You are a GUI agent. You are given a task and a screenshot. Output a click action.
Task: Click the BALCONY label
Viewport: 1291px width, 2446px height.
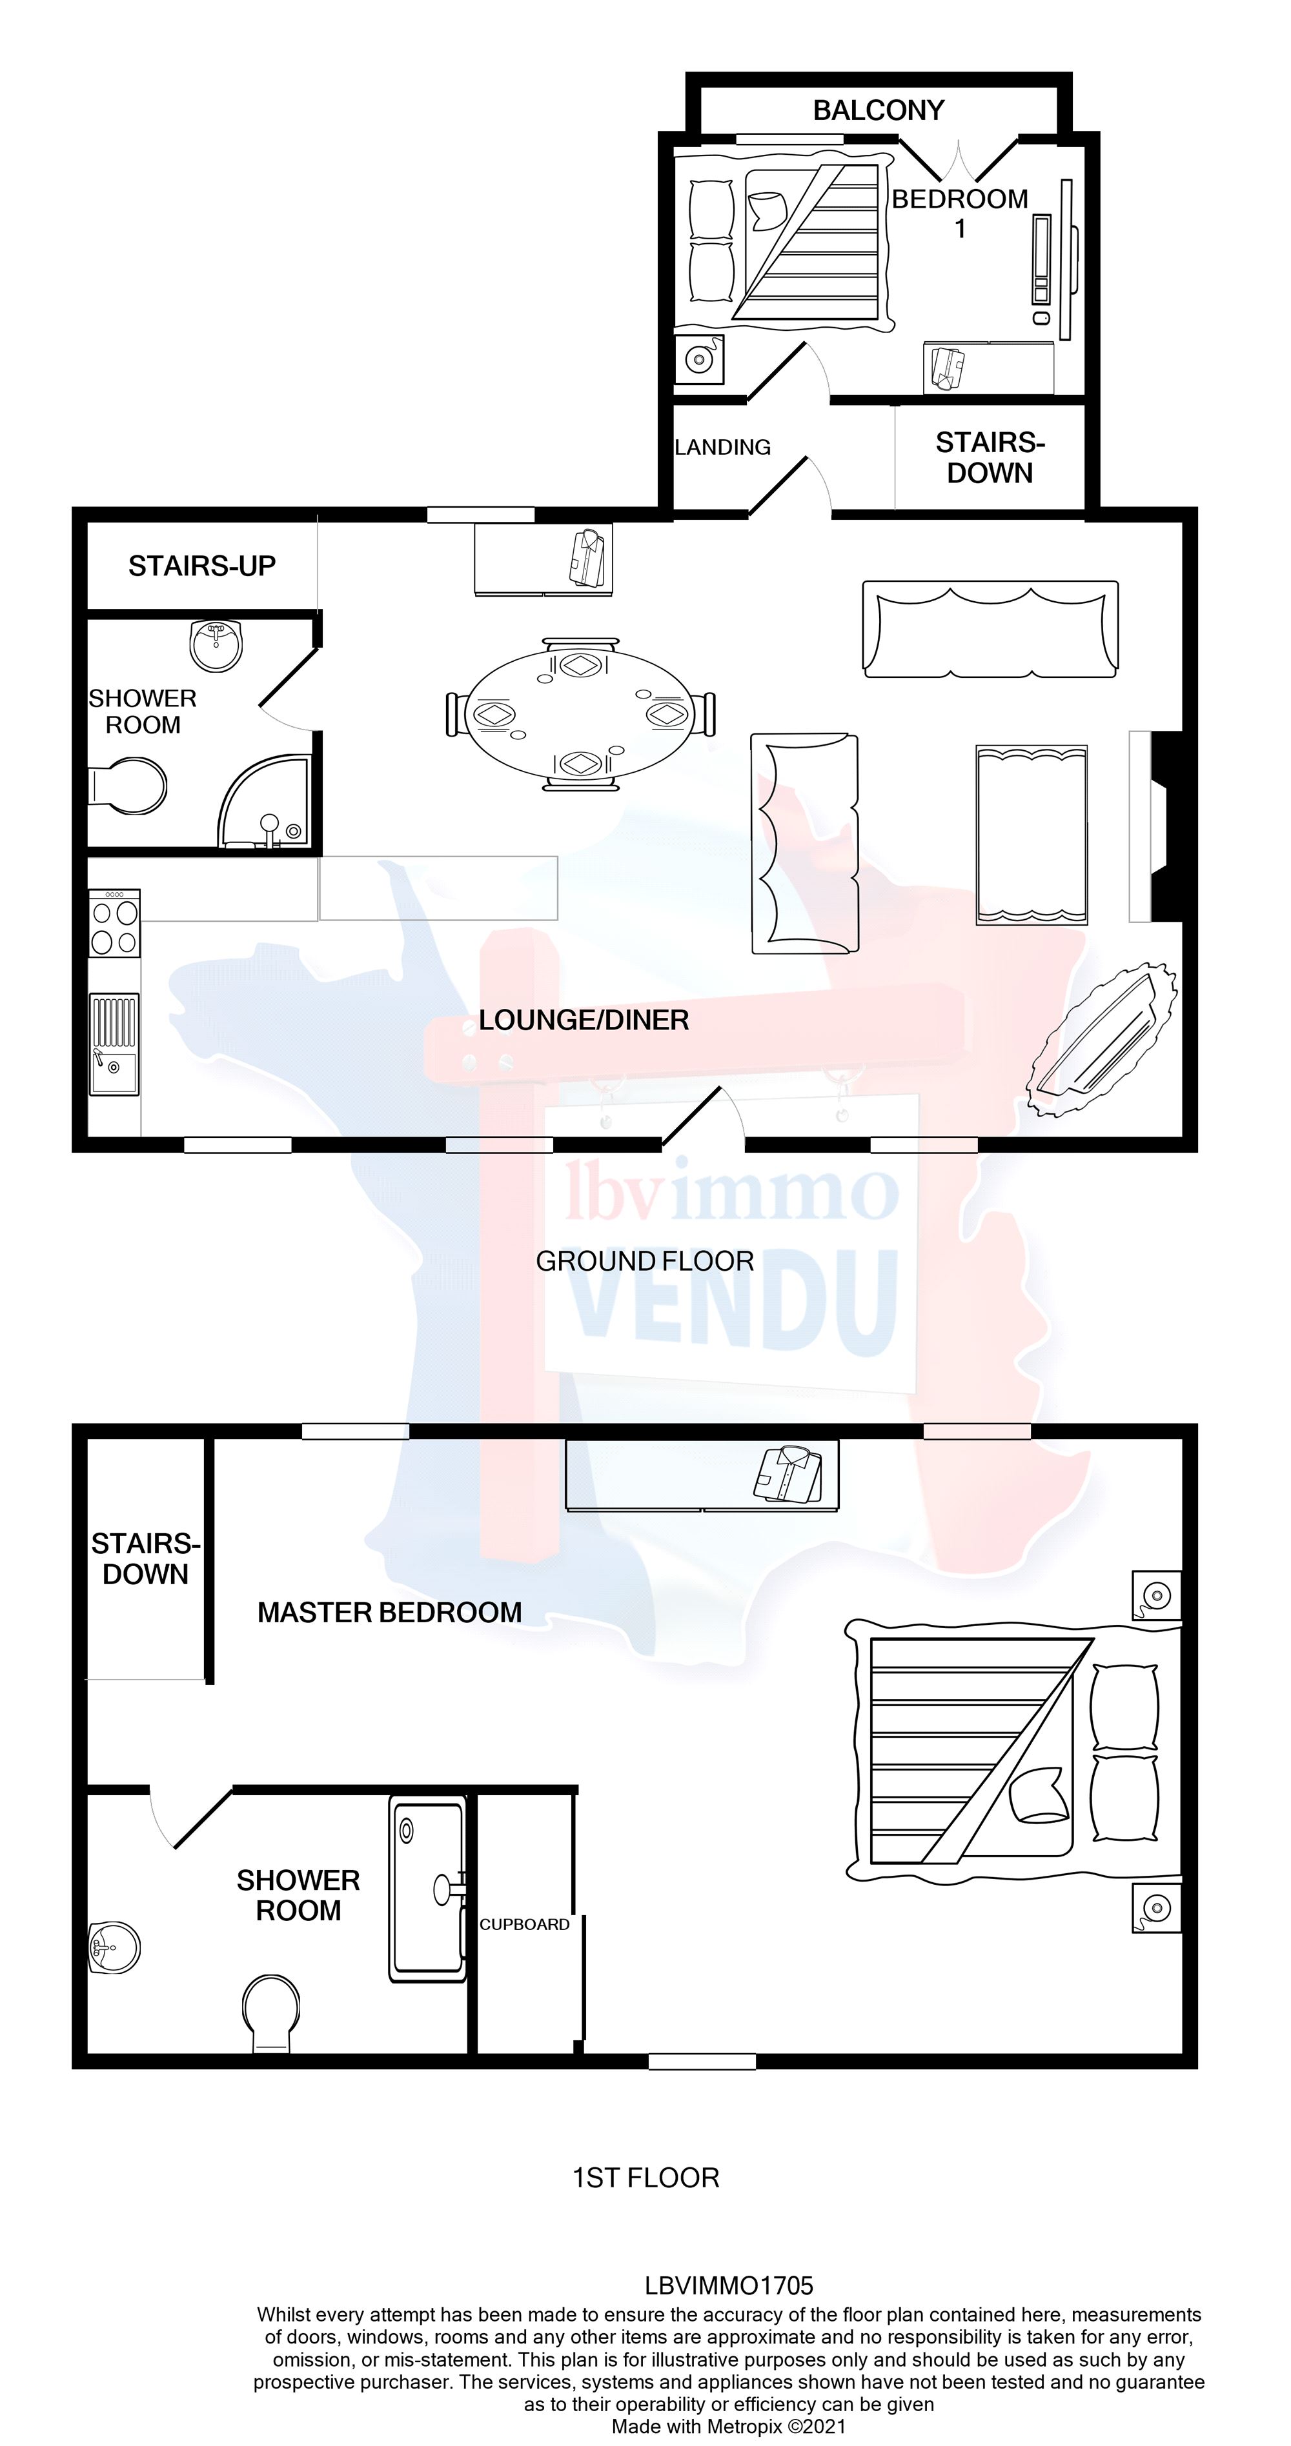tap(878, 110)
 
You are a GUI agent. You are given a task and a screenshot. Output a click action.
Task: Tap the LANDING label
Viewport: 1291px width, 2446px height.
tap(722, 447)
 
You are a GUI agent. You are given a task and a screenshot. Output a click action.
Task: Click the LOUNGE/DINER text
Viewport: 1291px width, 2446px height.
tap(584, 1020)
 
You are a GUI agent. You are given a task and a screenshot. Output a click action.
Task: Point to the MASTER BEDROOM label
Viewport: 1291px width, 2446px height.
tap(389, 1613)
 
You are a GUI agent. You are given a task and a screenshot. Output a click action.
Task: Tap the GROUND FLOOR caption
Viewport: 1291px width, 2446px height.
tap(644, 1261)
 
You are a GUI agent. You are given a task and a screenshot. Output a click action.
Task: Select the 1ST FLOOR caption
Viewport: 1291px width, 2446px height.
tap(645, 2177)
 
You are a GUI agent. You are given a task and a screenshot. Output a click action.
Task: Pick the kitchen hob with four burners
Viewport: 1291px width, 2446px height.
tap(114, 923)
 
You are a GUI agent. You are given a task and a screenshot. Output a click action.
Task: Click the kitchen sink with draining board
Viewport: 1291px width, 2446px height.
tap(114, 1044)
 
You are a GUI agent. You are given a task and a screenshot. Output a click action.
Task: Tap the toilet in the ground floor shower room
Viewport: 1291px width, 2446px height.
tap(130, 785)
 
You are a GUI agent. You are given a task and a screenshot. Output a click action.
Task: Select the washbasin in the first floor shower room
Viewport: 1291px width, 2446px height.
tap(114, 1947)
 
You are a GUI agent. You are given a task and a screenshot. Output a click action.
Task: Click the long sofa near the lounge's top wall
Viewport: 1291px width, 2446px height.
tap(990, 628)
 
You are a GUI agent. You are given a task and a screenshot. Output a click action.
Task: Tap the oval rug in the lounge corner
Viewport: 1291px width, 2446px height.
tap(1104, 1040)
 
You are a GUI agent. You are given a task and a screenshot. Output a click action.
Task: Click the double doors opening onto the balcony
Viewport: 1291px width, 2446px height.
tap(959, 161)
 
